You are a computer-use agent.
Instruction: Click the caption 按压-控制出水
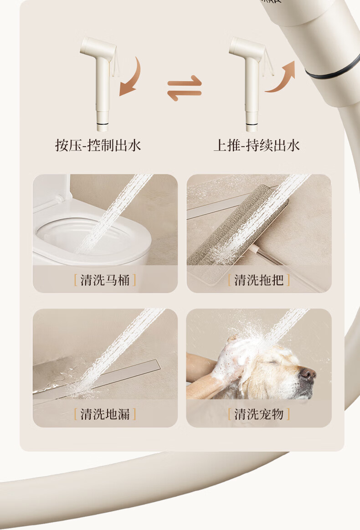tap(98, 145)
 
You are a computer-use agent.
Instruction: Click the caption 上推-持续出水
tap(257, 145)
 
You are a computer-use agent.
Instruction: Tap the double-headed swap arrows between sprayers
tap(185, 88)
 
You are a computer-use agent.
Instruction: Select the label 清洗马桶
tap(105, 280)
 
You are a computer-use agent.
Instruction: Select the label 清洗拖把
tap(259, 280)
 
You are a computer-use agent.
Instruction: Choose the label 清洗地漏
tap(105, 414)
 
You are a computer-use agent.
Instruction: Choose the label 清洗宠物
tap(259, 414)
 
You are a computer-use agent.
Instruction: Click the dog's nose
tap(308, 374)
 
